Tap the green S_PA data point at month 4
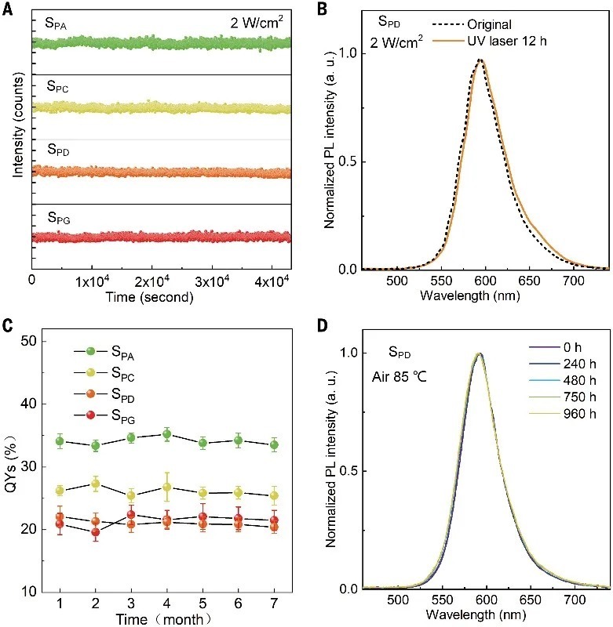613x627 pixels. coord(166,433)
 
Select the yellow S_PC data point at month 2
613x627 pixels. coord(96,484)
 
